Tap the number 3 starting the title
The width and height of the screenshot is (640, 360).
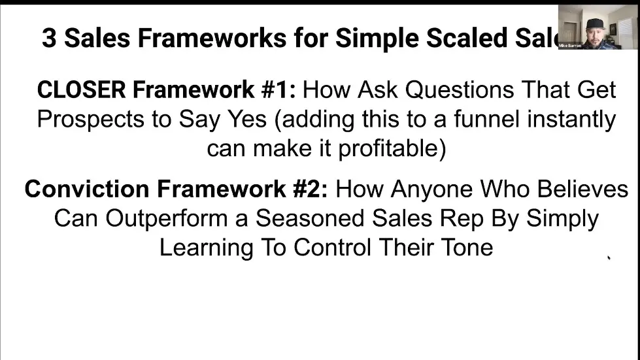pyautogui.click(x=49, y=38)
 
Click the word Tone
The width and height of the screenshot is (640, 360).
pyautogui.click(x=466, y=248)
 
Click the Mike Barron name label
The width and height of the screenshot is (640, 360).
pyautogui.click(x=569, y=46)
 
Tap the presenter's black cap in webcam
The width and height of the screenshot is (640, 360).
pyautogui.click(x=595, y=24)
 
